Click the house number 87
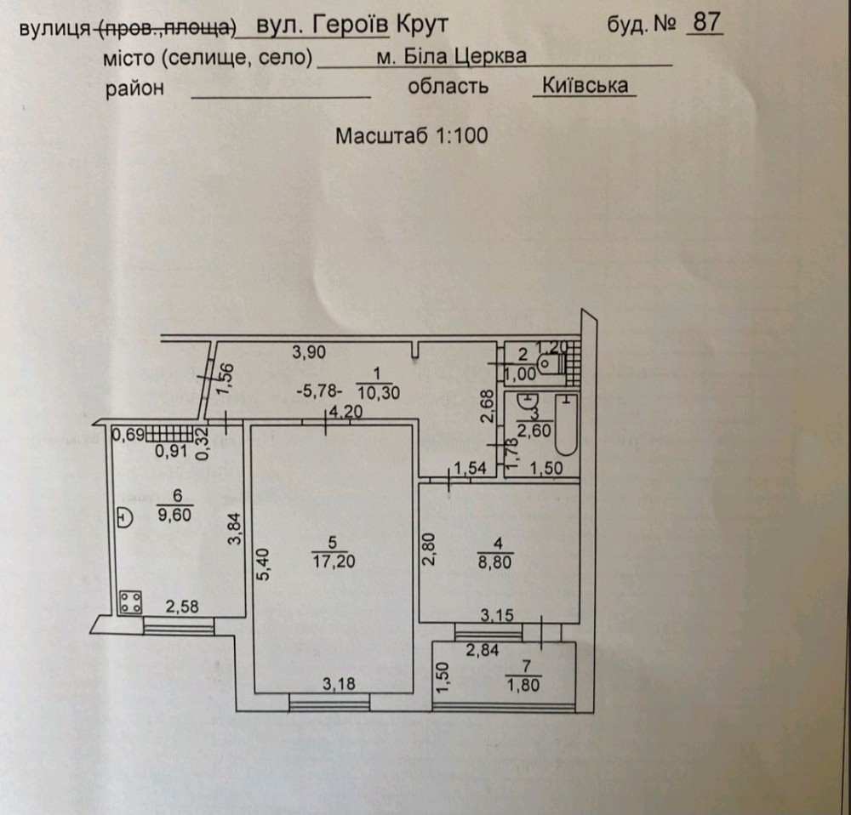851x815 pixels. click(x=706, y=22)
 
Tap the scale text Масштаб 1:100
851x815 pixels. click(x=411, y=135)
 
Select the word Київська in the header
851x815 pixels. click(x=585, y=86)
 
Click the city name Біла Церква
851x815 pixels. click(x=465, y=56)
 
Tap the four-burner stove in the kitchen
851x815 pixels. click(x=131, y=602)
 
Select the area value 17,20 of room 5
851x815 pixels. click(x=334, y=561)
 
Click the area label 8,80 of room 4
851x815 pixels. click(x=494, y=561)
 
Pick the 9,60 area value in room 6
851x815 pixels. click(x=174, y=515)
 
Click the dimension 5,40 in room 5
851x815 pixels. click(x=263, y=564)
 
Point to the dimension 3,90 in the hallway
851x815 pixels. click(x=309, y=353)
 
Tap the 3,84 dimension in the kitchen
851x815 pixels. click(x=236, y=529)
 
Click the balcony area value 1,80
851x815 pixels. click(x=523, y=685)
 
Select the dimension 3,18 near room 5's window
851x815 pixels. click(x=340, y=684)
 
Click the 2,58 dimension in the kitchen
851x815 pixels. click(x=182, y=607)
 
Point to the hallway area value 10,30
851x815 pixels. click(x=379, y=392)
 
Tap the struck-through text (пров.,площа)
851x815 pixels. click(x=166, y=28)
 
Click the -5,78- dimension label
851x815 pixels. click(x=320, y=390)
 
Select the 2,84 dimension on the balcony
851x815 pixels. click(x=483, y=649)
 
